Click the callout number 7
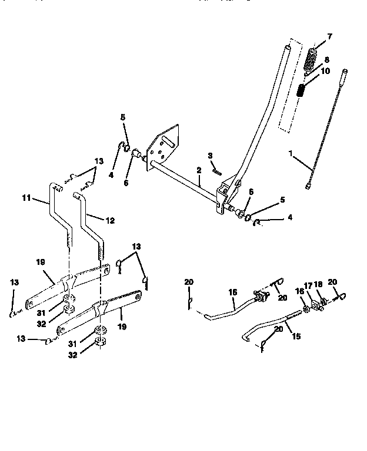click(329, 36)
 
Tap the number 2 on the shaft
click(199, 170)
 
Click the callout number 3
click(209, 155)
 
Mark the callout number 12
click(109, 221)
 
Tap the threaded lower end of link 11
click(70, 241)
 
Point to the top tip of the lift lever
click(288, 46)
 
